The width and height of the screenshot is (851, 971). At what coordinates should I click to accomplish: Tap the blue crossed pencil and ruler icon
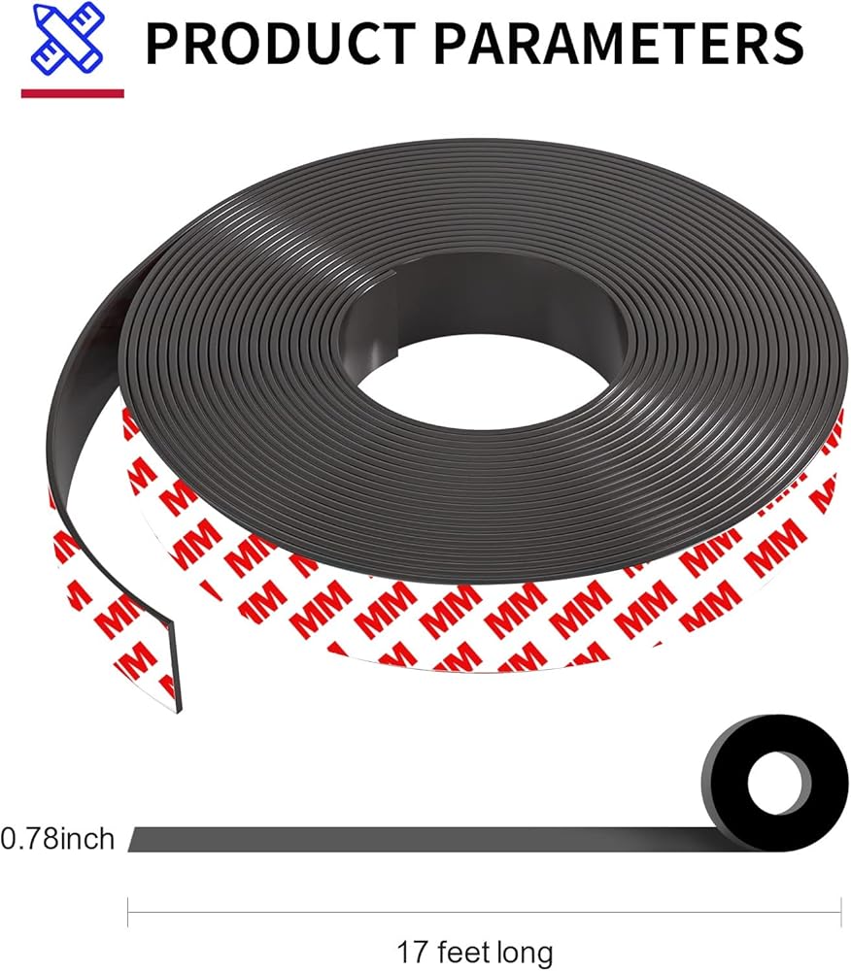[x=67, y=39]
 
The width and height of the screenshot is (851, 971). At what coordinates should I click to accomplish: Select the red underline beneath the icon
[x=73, y=93]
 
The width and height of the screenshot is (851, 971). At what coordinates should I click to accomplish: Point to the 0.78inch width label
[x=57, y=839]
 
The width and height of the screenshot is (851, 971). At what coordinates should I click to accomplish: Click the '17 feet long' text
[x=474, y=952]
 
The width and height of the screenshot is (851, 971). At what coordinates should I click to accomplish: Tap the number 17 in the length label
[x=411, y=952]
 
